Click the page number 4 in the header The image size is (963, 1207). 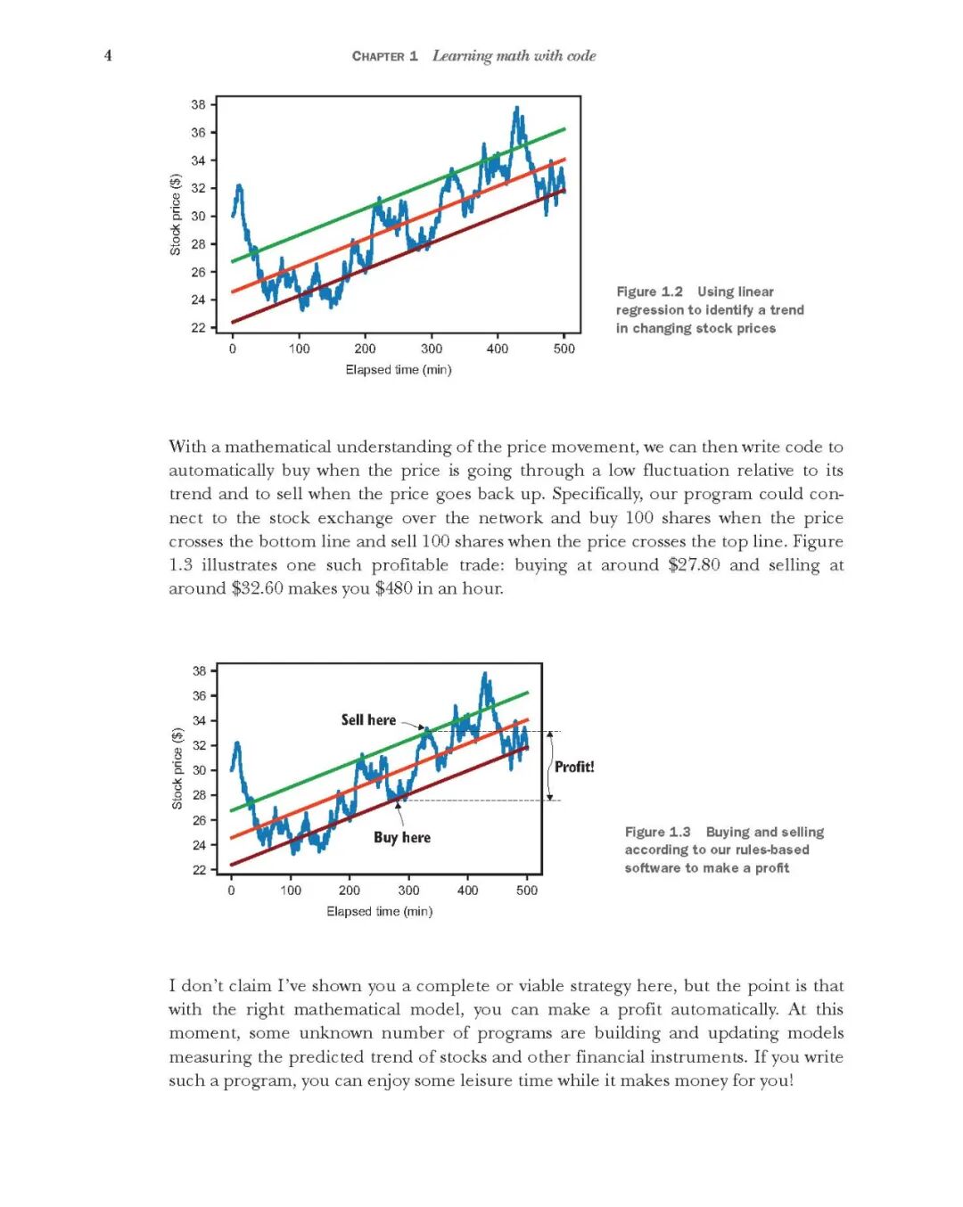[x=108, y=55]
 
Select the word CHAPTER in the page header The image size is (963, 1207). [x=378, y=56]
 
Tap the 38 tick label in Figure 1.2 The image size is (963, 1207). [x=198, y=104]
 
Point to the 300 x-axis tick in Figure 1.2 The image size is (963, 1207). [x=432, y=349]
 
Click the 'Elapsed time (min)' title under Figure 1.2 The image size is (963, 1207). [x=399, y=369]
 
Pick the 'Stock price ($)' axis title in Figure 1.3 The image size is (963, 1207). [x=177, y=768]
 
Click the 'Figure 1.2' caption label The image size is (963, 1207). [x=649, y=291]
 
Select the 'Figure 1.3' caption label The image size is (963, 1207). [x=657, y=832]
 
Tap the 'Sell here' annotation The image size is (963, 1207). [x=368, y=719]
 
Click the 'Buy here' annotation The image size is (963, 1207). [x=402, y=837]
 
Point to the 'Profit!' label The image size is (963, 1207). [x=574, y=767]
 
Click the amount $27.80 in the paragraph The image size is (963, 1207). [x=694, y=565]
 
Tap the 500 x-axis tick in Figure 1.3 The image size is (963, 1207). [x=527, y=890]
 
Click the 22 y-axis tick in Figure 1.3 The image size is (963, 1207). [x=200, y=869]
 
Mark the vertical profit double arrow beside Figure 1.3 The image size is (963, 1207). [x=550, y=766]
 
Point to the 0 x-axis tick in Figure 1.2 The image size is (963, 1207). [x=233, y=349]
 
